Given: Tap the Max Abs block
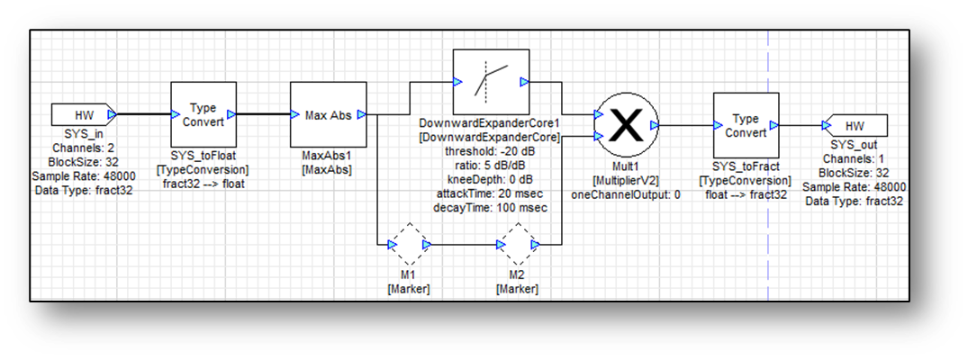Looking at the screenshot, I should [328, 114].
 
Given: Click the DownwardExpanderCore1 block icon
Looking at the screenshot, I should [490, 82].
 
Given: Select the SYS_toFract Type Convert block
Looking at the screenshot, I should [745, 125].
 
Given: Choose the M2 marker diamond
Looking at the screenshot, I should [518, 244].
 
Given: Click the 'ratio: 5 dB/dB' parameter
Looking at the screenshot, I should [490, 165].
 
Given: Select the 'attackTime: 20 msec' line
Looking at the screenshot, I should [490, 193].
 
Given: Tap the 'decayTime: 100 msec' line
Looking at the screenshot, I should [490, 206].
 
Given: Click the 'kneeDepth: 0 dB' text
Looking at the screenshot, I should [490, 178].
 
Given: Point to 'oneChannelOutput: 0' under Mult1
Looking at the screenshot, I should [625, 193].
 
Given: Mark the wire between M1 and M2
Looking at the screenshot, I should [464, 244].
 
